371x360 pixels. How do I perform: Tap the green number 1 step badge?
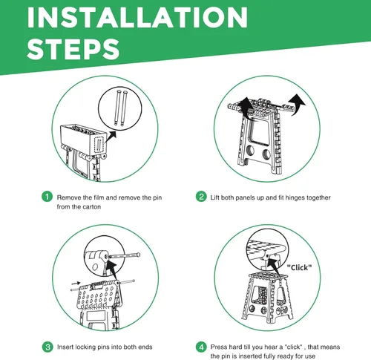click(x=47, y=197)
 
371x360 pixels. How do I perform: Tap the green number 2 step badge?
click(x=201, y=197)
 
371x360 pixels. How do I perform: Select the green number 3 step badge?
click(x=47, y=346)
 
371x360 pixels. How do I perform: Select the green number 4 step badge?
click(x=201, y=346)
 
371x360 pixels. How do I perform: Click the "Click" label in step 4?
click(x=298, y=267)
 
